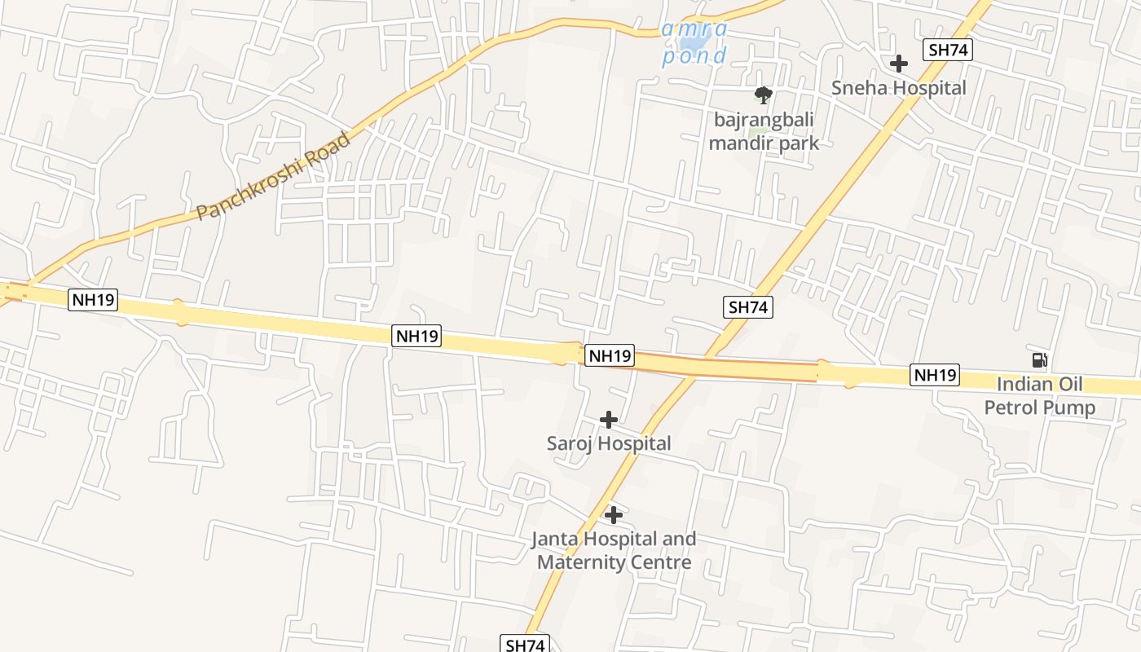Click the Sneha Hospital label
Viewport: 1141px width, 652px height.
point(898,88)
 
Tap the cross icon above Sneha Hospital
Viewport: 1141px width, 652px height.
point(899,64)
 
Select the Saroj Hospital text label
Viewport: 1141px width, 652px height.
point(609,443)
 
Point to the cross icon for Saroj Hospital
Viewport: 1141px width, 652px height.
point(609,420)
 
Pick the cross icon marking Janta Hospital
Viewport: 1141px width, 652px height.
point(614,515)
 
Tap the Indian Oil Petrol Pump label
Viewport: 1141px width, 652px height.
point(1040,395)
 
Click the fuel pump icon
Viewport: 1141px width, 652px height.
point(1039,360)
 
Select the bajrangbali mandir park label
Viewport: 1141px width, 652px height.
point(764,132)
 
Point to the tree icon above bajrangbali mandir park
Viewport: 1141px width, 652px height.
point(764,96)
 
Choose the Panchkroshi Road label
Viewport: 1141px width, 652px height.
point(274,176)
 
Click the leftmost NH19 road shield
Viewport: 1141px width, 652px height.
point(94,300)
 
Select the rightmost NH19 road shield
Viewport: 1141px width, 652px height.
point(935,376)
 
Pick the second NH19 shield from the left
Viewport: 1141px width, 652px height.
point(416,336)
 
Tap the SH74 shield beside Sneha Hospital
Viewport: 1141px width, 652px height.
point(948,50)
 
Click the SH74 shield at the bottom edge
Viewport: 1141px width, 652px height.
point(524,645)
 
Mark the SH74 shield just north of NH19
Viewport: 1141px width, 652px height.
point(747,307)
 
